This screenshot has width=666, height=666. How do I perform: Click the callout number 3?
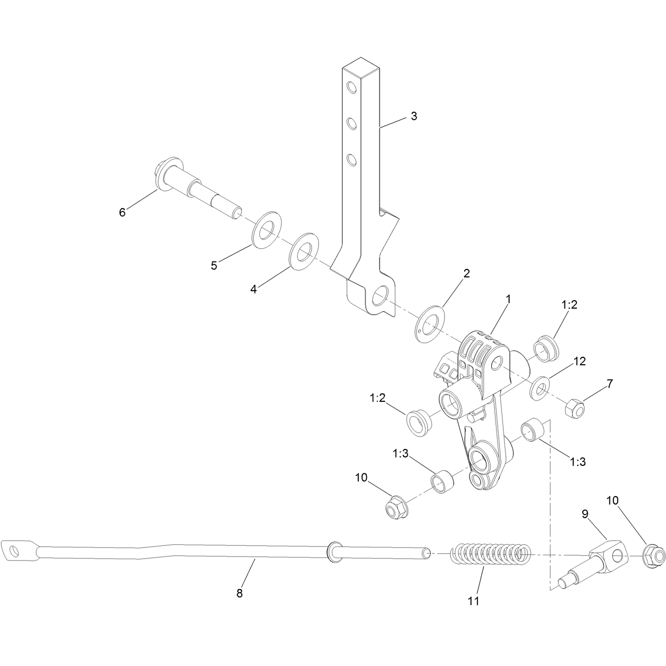click(x=413, y=116)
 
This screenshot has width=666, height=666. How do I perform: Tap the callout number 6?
click(x=122, y=212)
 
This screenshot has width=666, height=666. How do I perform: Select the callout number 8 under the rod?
click(x=239, y=593)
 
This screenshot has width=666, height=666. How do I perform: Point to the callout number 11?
click(x=473, y=601)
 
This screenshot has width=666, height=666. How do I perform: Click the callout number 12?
click(x=580, y=361)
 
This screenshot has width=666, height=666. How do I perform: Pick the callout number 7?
click(x=609, y=383)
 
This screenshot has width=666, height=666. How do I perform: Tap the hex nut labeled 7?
click(x=574, y=408)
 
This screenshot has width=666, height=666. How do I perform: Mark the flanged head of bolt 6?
click(x=165, y=175)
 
